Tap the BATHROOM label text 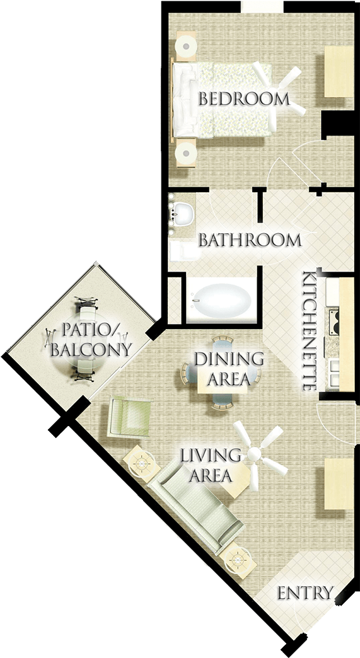250,240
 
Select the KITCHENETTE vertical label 309,331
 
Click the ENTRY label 305,593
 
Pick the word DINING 228,359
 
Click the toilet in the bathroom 180,251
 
